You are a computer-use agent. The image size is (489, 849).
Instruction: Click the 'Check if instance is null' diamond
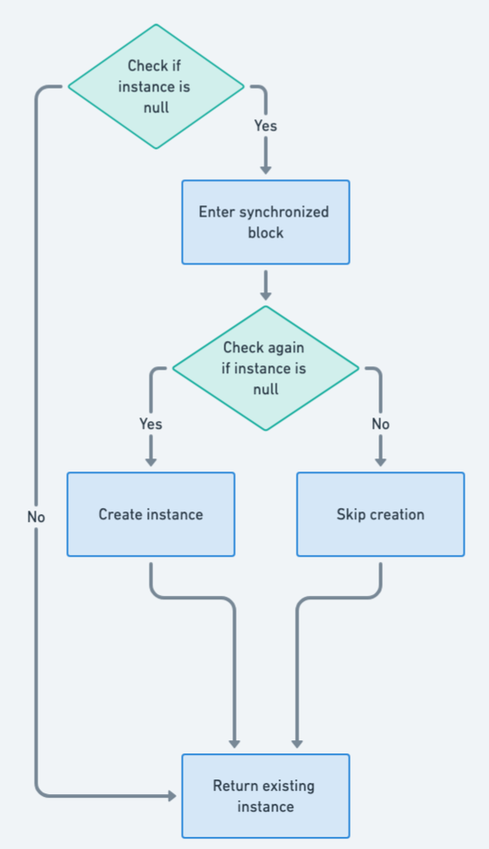coord(156,86)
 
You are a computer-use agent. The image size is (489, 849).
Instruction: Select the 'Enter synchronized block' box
coord(265,222)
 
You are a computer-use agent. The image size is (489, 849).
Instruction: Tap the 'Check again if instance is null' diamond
coord(265,368)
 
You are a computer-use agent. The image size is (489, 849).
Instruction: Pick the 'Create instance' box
coord(151,514)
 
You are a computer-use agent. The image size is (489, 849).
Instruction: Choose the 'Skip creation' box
coord(380,514)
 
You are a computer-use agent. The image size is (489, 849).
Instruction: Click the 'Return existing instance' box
coord(265,796)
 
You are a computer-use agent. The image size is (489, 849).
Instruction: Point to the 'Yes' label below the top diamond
coord(265,126)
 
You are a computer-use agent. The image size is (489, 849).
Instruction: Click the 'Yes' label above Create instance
coord(151,424)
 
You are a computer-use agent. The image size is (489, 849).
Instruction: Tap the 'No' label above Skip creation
coord(380,424)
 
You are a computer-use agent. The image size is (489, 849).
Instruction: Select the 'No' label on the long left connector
coord(36,517)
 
